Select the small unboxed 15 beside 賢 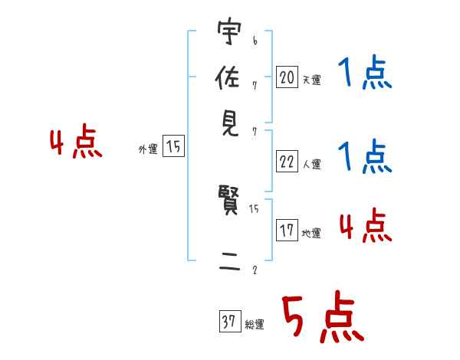(255, 208)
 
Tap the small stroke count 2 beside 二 (254, 270)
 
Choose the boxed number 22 (287, 162)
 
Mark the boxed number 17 (287, 230)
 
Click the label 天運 (311, 80)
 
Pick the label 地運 (311, 233)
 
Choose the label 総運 (255, 325)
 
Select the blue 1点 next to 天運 (364, 74)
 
